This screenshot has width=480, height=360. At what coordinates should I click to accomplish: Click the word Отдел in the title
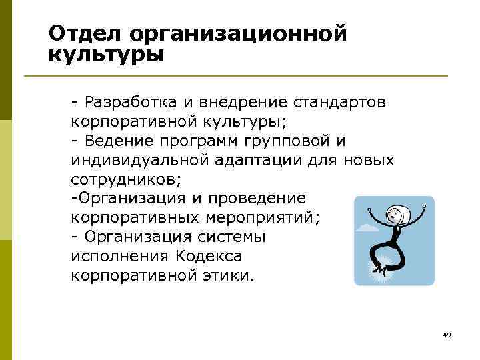[85, 33]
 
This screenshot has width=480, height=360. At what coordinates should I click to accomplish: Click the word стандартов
[343, 103]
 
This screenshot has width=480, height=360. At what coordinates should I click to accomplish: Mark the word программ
[201, 141]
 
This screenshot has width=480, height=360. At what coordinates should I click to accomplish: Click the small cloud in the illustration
[368, 228]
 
